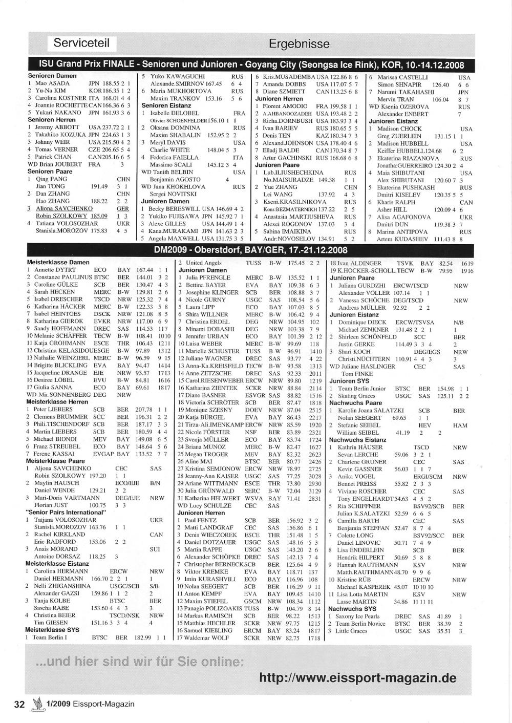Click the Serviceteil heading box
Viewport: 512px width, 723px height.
(x=81, y=43)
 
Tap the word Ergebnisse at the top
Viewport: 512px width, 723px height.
(x=299, y=44)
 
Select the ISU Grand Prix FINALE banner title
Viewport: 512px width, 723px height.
(x=251, y=65)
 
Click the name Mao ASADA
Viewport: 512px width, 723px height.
(x=52, y=83)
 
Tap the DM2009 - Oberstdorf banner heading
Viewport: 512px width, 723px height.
(x=250, y=250)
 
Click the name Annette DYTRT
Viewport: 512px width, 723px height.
(x=55, y=270)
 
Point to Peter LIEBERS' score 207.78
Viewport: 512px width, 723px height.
(x=144, y=410)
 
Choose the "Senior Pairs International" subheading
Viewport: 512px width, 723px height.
(x=65, y=512)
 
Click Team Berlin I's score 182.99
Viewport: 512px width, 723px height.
(x=144, y=637)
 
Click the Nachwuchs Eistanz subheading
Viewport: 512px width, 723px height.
(x=357, y=440)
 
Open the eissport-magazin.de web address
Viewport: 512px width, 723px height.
(x=357, y=678)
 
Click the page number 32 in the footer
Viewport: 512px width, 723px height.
(x=19, y=704)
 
